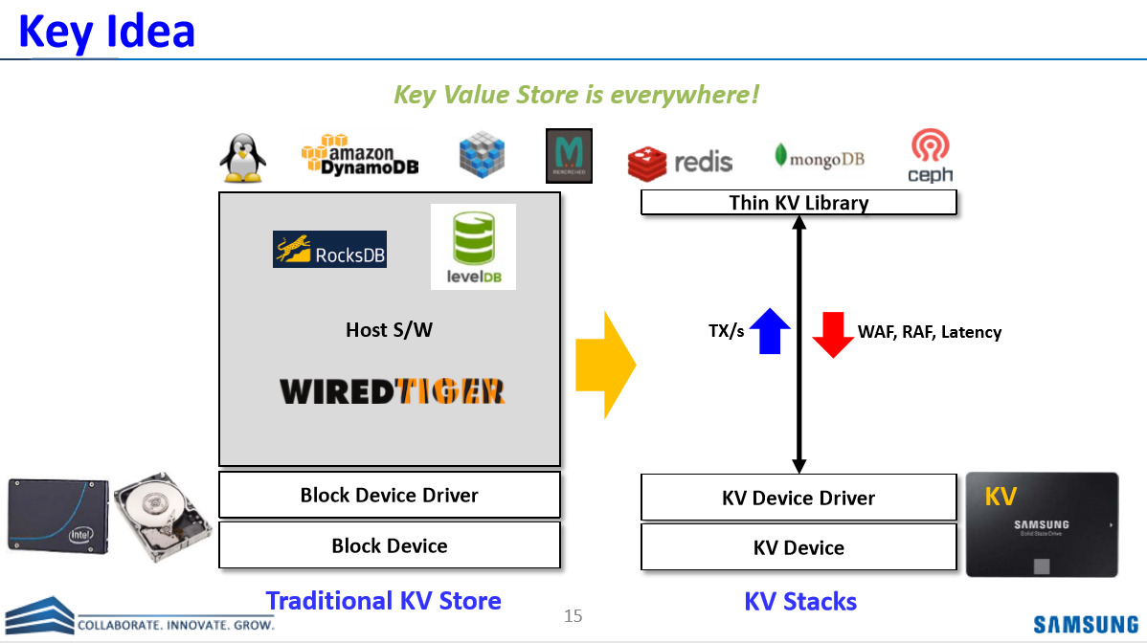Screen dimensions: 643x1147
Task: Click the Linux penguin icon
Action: click(x=242, y=158)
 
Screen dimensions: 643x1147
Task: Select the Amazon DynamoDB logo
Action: click(x=360, y=156)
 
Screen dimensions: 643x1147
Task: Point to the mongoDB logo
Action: click(x=820, y=158)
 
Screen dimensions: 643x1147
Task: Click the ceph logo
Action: click(x=930, y=157)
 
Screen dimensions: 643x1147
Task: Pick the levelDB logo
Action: click(x=473, y=247)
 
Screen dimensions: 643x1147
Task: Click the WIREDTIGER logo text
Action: click(x=393, y=390)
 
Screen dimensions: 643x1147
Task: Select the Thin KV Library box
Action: click(x=798, y=202)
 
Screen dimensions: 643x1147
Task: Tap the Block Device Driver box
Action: click(x=389, y=495)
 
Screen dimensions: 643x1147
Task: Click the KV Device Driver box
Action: click(x=798, y=498)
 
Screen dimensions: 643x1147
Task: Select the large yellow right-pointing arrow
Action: click(x=605, y=365)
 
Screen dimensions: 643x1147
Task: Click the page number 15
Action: click(x=573, y=615)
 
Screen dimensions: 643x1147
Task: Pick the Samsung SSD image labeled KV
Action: click(x=1042, y=523)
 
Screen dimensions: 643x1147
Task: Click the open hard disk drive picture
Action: click(x=161, y=521)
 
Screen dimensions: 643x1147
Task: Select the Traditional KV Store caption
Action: click(x=383, y=601)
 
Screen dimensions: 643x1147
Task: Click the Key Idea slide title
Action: click(x=106, y=31)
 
